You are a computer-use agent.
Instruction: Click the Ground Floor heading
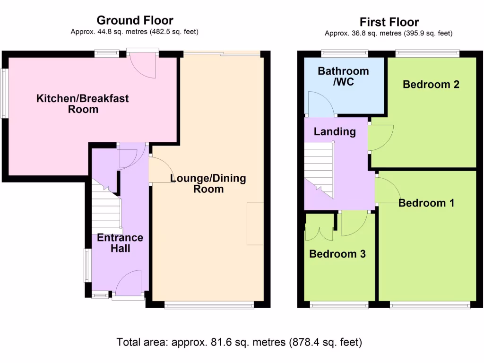(x=135, y=20)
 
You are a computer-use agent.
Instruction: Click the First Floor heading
(x=389, y=22)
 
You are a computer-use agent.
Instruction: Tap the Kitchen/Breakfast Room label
(x=83, y=104)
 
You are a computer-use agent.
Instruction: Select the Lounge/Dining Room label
(x=208, y=184)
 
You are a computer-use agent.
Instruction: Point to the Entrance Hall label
(x=120, y=243)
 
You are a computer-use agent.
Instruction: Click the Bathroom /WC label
(x=343, y=77)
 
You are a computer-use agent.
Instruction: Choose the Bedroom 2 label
(x=431, y=85)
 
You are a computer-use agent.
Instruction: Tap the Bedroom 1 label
(x=426, y=203)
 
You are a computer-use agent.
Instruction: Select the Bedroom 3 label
(x=337, y=254)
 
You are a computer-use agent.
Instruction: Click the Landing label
(x=335, y=131)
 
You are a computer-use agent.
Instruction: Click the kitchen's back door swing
(x=143, y=65)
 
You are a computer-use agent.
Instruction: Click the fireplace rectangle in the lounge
(x=255, y=224)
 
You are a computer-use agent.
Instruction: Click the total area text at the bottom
(x=239, y=342)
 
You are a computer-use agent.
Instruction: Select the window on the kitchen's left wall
(x=4, y=94)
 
